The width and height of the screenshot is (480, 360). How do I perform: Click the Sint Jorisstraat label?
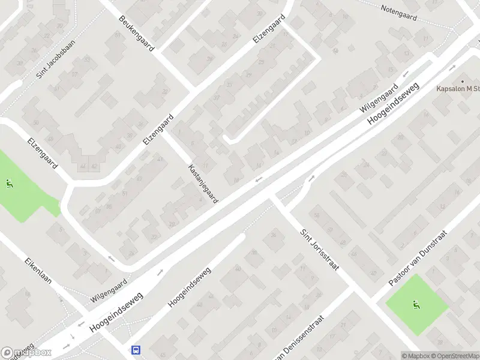[x=319, y=247]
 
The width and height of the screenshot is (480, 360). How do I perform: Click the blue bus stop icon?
[x=136, y=349]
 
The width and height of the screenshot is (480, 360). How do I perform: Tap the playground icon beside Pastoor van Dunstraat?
[x=415, y=305]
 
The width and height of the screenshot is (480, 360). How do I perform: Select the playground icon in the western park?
[x=8, y=184]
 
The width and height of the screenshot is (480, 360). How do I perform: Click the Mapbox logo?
[x=26, y=352]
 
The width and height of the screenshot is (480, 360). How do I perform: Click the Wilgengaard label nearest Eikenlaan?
[x=109, y=290]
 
